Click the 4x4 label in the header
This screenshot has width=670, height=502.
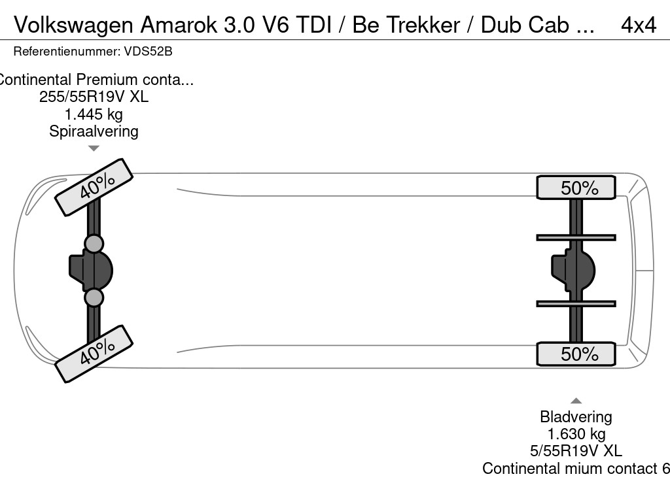[x=638, y=24]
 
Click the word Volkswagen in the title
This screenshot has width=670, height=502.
[x=73, y=24]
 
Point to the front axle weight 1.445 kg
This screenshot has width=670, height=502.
[x=94, y=114]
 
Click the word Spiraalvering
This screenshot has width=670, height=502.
[x=94, y=131]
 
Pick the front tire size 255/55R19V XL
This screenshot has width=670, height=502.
[x=94, y=97]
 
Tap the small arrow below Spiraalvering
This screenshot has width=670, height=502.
[x=94, y=148]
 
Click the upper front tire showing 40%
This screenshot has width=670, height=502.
[x=94, y=187]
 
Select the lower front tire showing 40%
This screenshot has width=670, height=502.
[x=94, y=353]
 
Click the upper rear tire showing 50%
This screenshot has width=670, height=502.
[x=576, y=188]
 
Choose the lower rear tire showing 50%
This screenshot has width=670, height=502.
[x=576, y=354]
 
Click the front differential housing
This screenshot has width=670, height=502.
[x=92, y=270]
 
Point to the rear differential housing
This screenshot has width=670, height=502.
[x=574, y=270]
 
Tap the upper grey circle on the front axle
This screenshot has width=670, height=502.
[x=94, y=244]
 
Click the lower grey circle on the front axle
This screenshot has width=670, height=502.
[x=94, y=297]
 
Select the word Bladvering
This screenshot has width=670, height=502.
[x=576, y=416]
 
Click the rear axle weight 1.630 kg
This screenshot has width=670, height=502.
[x=576, y=433]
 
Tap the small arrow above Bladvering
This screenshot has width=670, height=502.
[x=576, y=401]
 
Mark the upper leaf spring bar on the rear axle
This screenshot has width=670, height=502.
[x=576, y=237]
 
